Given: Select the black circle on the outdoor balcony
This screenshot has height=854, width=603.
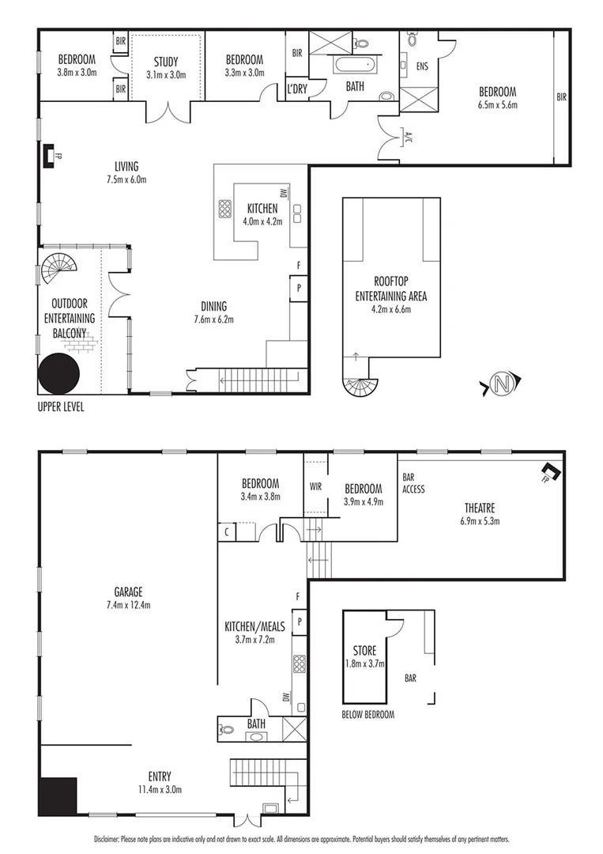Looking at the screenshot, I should pyautogui.click(x=59, y=372).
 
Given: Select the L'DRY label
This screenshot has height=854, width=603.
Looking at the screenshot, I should pyautogui.click(x=297, y=89).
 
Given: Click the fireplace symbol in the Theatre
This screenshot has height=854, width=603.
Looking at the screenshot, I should pyautogui.click(x=551, y=473).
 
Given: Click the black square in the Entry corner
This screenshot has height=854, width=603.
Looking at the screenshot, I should pyautogui.click(x=58, y=796).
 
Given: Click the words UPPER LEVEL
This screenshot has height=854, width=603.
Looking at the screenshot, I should pyautogui.click(x=60, y=407).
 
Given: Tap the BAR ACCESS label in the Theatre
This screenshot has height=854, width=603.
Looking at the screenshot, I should pyautogui.click(x=413, y=483).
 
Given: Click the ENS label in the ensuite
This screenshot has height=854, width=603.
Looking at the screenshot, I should pyautogui.click(x=422, y=66).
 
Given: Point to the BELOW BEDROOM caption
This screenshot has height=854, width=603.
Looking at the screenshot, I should pyautogui.click(x=367, y=714).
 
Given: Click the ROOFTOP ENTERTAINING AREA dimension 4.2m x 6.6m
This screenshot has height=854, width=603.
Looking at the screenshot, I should pyautogui.click(x=391, y=309).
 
